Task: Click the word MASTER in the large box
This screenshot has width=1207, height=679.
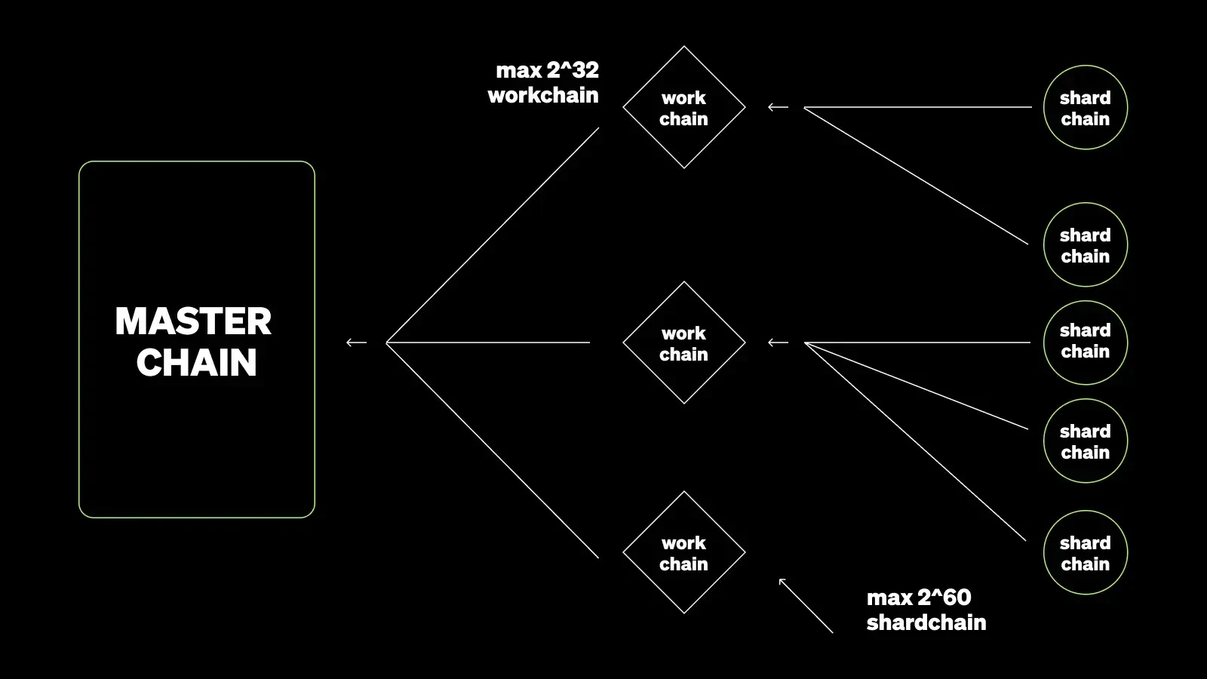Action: tap(193, 322)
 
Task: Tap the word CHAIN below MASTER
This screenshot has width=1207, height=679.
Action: tap(196, 363)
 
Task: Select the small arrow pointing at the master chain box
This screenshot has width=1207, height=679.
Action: tap(356, 343)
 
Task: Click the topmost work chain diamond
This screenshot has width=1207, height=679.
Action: tap(684, 108)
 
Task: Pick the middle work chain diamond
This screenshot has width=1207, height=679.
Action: tap(684, 343)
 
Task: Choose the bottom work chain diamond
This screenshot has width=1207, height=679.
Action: tap(684, 553)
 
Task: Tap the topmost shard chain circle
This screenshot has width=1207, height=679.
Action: tap(1086, 108)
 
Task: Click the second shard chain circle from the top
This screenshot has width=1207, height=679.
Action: tap(1086, 245)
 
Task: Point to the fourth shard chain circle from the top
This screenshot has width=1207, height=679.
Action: tap(1086, 441)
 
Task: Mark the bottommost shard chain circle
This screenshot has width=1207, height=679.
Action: tap(1086, 553)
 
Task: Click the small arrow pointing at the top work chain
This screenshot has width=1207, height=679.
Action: tap(778, 108)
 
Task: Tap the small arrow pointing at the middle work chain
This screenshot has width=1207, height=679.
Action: tap(778, 343)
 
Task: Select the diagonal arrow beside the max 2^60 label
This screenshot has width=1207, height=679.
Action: tap(805, 605)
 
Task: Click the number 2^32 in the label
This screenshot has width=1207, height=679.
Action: tap(573, 70)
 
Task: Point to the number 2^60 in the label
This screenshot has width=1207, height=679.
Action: tap(945, 598)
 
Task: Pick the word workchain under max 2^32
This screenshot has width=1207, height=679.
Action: tap(543, 96)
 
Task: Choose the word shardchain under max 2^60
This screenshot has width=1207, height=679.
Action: tap(926, 622)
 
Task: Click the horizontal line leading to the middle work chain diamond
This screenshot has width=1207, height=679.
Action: tap(490, 343)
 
